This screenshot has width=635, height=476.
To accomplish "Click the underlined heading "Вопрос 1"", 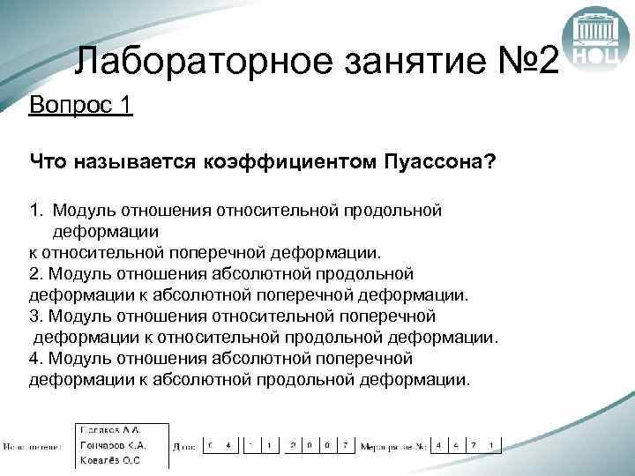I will tap(80, 106).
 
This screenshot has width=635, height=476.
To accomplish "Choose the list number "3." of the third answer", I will tap(36, 316).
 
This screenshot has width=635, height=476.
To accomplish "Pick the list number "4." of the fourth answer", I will tap(36, 358).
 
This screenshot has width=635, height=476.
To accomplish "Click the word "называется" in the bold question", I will tap(131, 160).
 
